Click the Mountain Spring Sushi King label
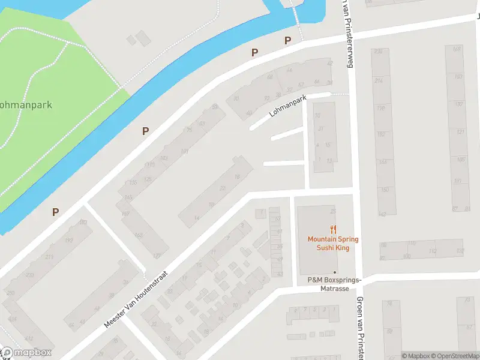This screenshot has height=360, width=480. [333, 243]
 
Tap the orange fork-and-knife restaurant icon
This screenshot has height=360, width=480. [333, 229]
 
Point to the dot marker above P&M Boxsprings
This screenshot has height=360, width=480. [335, 272]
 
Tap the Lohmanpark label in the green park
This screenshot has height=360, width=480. [25, 104]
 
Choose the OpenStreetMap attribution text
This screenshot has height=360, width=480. [454, 356]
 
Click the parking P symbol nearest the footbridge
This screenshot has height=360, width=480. [287, 41]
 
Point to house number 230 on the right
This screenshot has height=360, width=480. [378, 52]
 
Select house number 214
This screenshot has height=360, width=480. [378, 80]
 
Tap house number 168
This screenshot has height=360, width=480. [457, 49]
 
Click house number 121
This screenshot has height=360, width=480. [461, 131]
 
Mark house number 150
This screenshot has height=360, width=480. [384, 190]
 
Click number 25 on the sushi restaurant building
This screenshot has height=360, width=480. [333, 211]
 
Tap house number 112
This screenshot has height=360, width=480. [433, 251]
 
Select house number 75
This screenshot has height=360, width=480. [190, 130]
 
